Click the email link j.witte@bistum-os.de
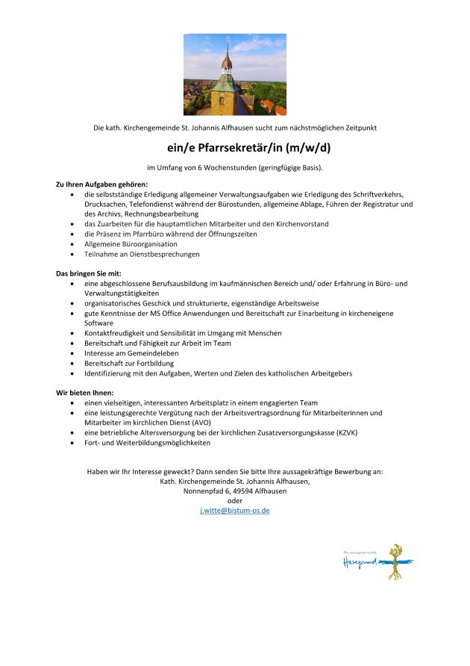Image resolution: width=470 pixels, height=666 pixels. (235, 511)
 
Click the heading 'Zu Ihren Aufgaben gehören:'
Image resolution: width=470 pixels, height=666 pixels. (102, 184)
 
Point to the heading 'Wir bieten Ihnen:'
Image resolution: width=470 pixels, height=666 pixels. (85, 392)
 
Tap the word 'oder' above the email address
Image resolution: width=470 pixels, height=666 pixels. (235, 501)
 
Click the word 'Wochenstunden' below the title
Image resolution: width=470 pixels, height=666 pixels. (230, 167)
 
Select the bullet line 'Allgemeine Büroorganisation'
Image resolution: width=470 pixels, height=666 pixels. (131, 243)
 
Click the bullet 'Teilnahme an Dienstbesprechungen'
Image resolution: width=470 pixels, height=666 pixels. (142, 254)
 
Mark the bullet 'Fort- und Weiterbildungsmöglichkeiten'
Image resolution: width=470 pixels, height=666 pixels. (147, 442)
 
